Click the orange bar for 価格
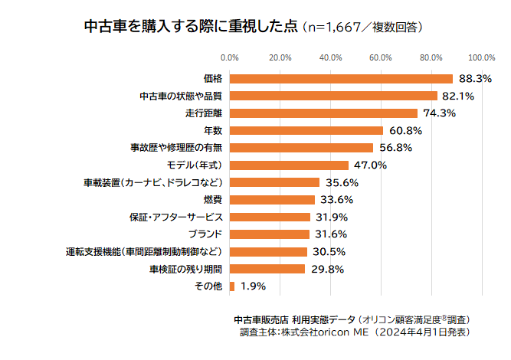pyautogui.click(x=341, y=79)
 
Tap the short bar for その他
pyautogui.click(x=232, y=286)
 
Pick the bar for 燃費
pyautogui.click(x=272, y=200)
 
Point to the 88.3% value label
pyautogui.click(x=475, y=79)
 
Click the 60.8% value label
pyautogui.click(x=406, y=130)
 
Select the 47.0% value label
pyautogui.click(x=371, y=165)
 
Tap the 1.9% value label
pyautogui.click(x=253, y=286)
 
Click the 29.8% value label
pyautogui.click(x=327, y=269)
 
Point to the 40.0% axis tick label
pyautogui.click(x=330, y=57)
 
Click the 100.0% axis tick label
pyautogui.click(x=481, y=57)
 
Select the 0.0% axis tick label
pyautogui.click(x=230, y=57)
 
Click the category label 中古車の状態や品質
pyautogui.click(x=181, y=97)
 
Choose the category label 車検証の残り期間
pyautogui.click(x=185, y=269)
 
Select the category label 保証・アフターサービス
pyautogui.click(x=175, y=217)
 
